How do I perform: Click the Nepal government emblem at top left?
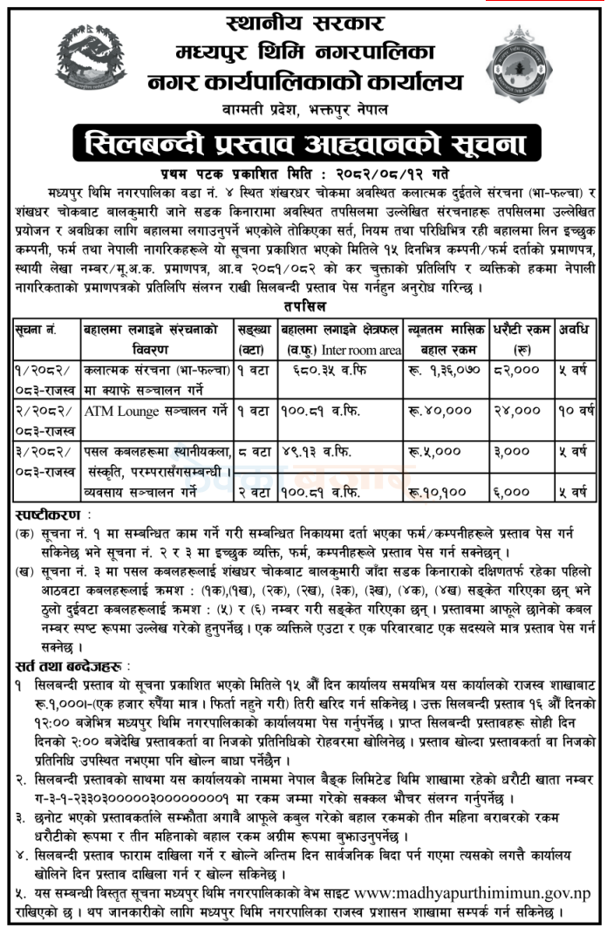(86, 58)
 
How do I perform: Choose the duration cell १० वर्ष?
(576, 408)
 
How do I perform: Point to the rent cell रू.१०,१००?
(439, 494)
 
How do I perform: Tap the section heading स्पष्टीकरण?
(44, 510)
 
